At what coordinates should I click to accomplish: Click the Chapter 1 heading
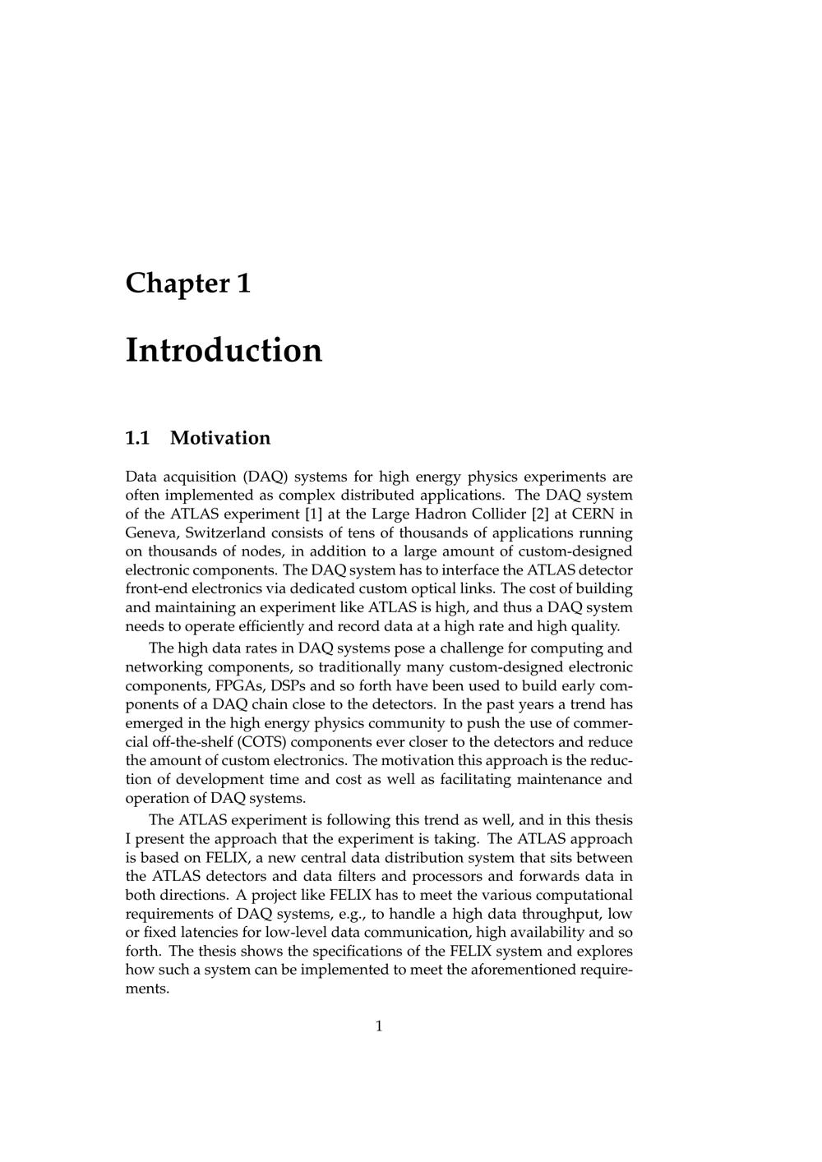(187, 283)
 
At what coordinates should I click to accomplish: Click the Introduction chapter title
(224, 350)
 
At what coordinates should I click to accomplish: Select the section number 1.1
(137, 438)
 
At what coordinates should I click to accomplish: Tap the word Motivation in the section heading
(220, 438)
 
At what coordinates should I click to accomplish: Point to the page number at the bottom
(379, 1026)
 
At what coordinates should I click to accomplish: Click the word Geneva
(152, 533)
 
